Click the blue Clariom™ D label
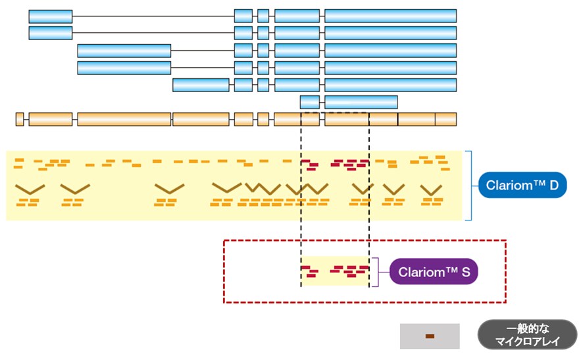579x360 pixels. (522, 186)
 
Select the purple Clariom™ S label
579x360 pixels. (434, 272)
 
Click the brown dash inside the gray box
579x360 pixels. (430, 336)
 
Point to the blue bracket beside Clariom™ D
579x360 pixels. (468, 186)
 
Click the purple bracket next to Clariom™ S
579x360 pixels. (376, 272)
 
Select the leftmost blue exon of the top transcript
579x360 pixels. (51, 16)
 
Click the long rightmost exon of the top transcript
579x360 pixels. (390, 16)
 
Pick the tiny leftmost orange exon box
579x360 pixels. (20, 119)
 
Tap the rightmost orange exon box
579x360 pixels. (445, 119)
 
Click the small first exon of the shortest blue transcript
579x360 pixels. (310, 102)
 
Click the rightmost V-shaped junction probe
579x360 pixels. (431, 190)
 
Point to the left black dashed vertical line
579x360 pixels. (301, 197)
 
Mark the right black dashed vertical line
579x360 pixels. (369, 197)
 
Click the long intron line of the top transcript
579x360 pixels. (153, 16)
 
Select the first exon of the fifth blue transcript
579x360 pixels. (201, 85)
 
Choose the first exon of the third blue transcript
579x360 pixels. (124, 51)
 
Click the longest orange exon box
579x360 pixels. (124, 119)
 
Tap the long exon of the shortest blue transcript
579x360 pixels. (361, 102)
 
